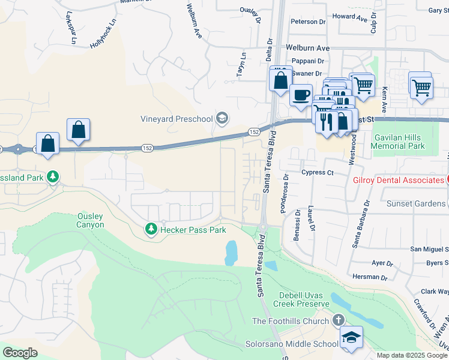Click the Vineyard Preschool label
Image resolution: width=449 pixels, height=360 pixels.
(177, 119)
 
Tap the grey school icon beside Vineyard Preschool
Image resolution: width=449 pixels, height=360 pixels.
(222, 118)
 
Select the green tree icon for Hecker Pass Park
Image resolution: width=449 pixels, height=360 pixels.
(151, 229)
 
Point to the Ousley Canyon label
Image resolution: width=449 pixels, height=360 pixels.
(91, 220)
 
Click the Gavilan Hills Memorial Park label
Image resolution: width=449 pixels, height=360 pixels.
(399, 142)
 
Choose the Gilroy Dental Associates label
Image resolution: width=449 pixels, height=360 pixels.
(398, 180)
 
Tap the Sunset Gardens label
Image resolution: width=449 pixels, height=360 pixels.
(416, 203)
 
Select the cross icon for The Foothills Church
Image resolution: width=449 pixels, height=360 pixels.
(339, 321)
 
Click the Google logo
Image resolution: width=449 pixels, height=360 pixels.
(20, 353)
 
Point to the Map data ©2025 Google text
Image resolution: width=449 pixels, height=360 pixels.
(412, 355)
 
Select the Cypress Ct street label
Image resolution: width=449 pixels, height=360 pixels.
(318, 172)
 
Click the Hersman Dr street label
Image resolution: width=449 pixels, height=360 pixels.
(370, 277)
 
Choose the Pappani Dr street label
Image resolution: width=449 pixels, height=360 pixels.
(307, 61)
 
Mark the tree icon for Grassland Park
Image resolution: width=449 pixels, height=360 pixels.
(53, 176)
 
